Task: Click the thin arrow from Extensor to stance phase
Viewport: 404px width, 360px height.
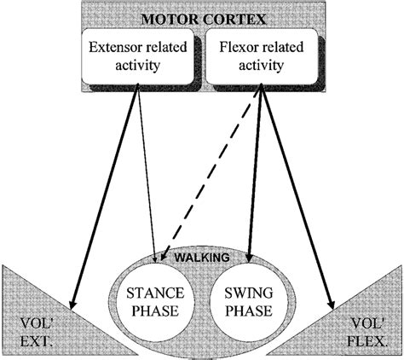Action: [x=144, y=171]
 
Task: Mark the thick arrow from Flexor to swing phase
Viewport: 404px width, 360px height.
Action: [x=255, y=171]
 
